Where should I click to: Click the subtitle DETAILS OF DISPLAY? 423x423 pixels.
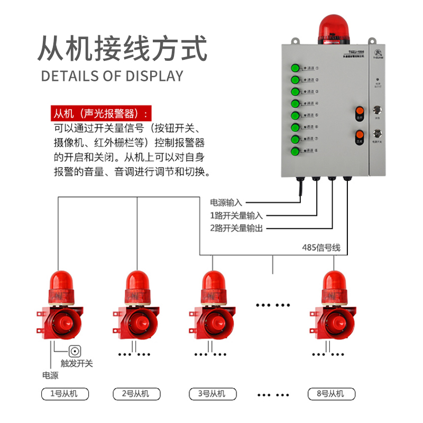pos(112,76)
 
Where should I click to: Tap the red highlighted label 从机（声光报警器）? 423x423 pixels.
pos(99,114)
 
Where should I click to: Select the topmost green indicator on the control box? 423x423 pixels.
pos(295,68)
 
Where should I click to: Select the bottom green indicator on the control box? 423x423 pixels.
pos(295,152)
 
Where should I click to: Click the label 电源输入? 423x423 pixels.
pos(226,203)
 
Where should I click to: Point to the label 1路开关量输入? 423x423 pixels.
pos(236,216)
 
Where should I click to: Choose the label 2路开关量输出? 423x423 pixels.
pos(236,228)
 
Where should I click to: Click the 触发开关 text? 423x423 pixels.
pos(77,364)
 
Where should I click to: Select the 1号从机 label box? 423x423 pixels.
pos(65,394)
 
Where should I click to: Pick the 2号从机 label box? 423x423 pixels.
pos(138,394)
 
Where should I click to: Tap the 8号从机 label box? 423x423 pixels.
pos(332,394)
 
